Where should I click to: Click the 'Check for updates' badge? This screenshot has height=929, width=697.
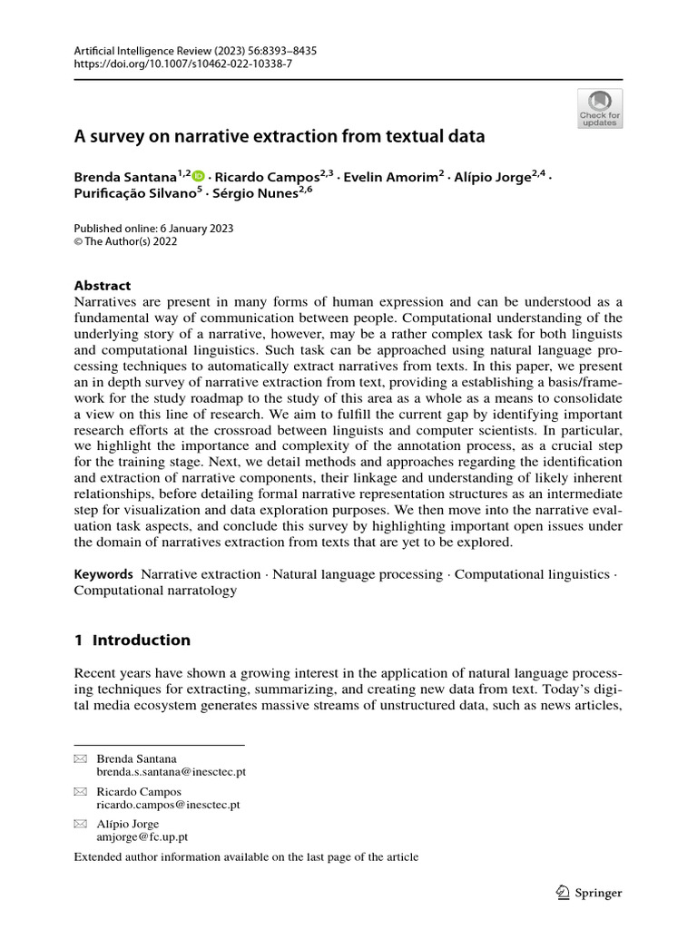click(x=600, y=108)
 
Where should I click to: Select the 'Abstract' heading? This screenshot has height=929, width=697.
click(x=102, y=285)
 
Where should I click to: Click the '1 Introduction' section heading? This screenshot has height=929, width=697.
click(x=132, y=640)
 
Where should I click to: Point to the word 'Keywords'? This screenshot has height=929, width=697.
click(x=103, y=574)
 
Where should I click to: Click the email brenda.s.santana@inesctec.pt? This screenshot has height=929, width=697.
click(x=172, y=771)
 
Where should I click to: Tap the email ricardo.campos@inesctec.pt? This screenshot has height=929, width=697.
click(x=169, y=804)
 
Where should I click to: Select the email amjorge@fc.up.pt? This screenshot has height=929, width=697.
click(x=142, y=837)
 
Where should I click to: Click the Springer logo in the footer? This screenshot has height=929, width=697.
click(x=588, y=893)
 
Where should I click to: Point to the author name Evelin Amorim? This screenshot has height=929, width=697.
click(x=392, y=178)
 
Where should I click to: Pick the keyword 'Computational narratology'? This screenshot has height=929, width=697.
click(x=155, y=591)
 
